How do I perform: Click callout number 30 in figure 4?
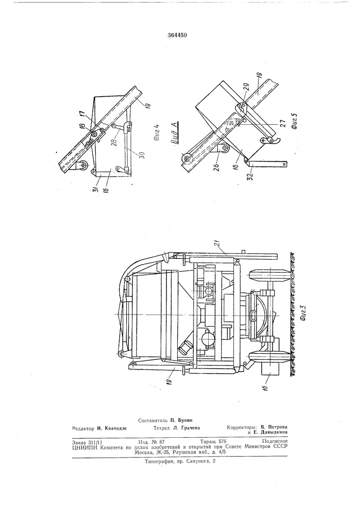pos(135,154)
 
